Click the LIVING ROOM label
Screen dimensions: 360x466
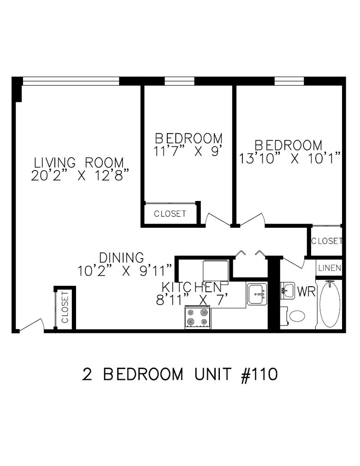[x=79, y=163]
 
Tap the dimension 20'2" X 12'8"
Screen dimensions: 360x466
[x=81, y=176]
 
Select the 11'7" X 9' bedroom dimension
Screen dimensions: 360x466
[x=189, y=151]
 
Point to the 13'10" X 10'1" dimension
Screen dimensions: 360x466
[x=289, y=159]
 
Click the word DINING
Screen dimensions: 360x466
[x=121, y=257]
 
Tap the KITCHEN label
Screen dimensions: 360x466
[x=192, y=287]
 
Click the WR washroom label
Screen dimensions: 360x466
[x=306, y=292]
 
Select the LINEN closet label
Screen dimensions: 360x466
[x=330, y=268]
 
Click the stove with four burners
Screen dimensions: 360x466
[x=198, y=317]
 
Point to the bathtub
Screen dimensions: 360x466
[x=330, y=304]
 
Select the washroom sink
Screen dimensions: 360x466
[x=287, y=290]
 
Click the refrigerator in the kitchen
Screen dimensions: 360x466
[x=216, y=271]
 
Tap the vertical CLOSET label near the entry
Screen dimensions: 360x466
[x=65, y=307]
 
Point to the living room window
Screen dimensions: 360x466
[x=71, y=81]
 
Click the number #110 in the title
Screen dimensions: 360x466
[x=259, y=374]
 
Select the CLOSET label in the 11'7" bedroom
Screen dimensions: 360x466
[x=170, y=213]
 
